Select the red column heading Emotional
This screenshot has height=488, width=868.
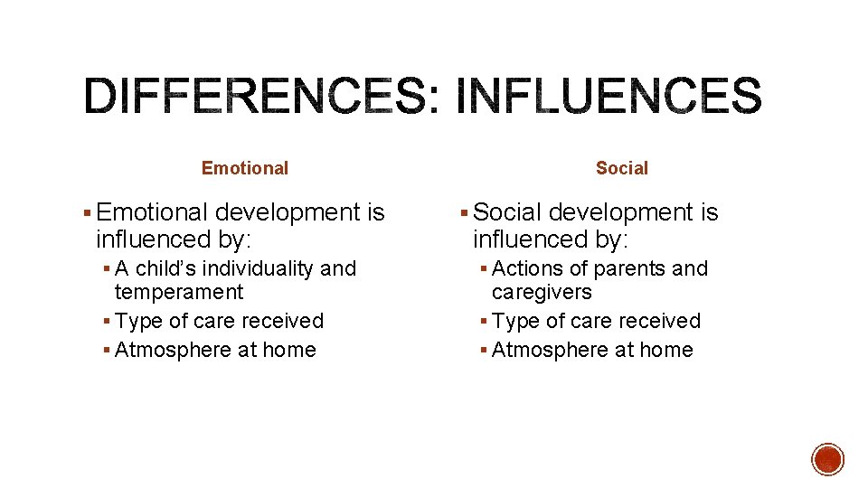pos(245,168)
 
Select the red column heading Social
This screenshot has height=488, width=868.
pos(622,168)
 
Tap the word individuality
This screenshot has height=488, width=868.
pos(246,268)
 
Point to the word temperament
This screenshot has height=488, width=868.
pos(179,292)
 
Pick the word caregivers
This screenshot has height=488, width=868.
pos(542,292)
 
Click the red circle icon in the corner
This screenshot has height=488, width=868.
pos(827,459)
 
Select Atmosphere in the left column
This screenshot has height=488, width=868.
pos(162,350)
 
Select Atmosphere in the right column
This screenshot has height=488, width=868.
pos(539,350)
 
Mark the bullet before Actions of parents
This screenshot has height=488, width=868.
pos(484,269)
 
